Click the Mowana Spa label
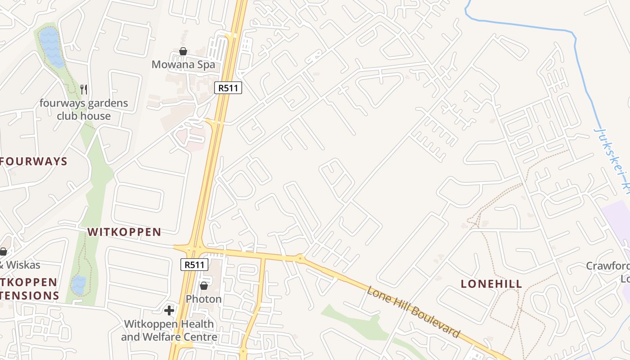click(183, 64)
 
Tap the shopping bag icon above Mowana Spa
click(183, 51)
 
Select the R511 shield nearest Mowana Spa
click(228, 88)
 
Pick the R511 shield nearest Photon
click(194, 264)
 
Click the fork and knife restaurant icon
click(84, 90)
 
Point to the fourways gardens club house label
click(84, 109)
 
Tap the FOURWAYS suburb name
click(34, 162)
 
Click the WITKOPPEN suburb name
click(124, 232)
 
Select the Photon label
click(203, 299)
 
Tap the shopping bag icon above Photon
click(204, 286)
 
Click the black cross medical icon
click(169, 310)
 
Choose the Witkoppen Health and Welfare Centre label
click(169, 330)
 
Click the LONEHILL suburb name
click(491, 284)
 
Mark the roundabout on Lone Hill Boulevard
click(300, 258)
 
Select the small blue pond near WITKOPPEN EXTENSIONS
click(79, 284)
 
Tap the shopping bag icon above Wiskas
click(3, 252)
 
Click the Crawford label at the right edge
click(607, 266)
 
